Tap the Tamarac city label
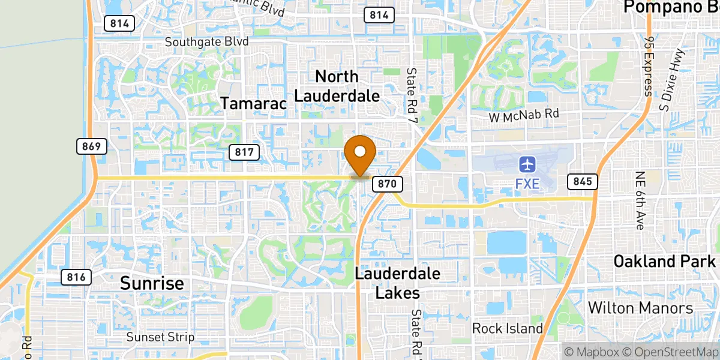[253, 103]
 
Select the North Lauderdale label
[337, 86]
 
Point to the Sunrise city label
[152, 283]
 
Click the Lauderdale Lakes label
[397, 283]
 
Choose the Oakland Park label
[665, 262]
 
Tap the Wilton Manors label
[640, 308]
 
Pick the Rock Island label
[507, 328]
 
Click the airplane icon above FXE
[527, 164]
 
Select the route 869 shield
[92, 146]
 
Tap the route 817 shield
[244, 152]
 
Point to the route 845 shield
[582, 181]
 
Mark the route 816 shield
[76, 277]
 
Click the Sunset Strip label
[160, 337]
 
